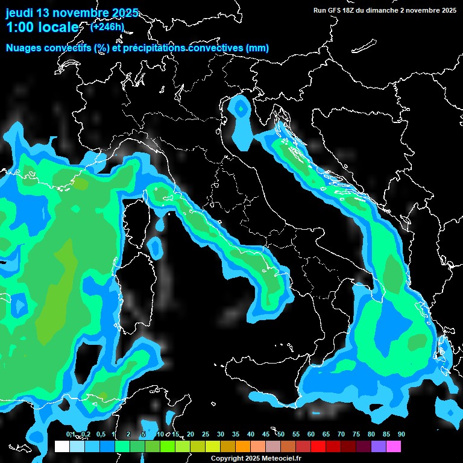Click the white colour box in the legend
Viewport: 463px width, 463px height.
pyautogui.click(x=62, y=446)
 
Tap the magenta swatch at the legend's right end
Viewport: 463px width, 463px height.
pyautogui.click(x=394, y=446)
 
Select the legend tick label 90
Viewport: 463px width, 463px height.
pyautogui.click(x=401, y=435)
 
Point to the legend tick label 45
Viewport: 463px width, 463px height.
pyautogui.click(x=266, y=435)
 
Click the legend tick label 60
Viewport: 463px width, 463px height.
pyautogui.click(x=311, y=435)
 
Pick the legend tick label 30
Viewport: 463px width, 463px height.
pyautogui.click(x=221, y=435)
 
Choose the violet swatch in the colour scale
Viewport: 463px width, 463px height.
pyautogui.click(x=379, y=446)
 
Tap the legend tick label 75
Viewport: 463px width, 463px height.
pyautogui.click(x=356, y=435)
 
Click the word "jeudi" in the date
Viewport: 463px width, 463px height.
pyautogui.click(x=20, y=13)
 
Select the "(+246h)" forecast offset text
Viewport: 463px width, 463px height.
pyautogui.click(x=107, y=27)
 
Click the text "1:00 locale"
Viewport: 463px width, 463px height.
pyautogui.click(x=42, y=28)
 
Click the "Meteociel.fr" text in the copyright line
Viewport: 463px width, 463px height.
pyautogui.click(x=280, y=459)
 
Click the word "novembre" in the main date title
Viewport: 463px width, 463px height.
pyautogui.click(x=81, y=13)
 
